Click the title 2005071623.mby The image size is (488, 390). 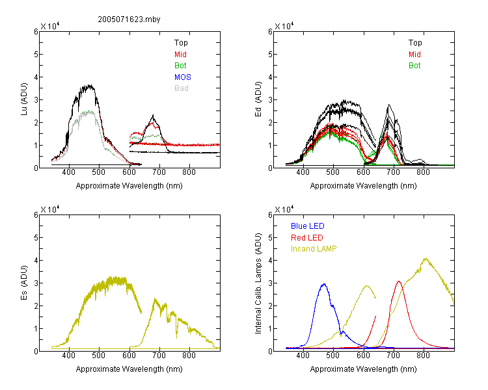tap(129, 19)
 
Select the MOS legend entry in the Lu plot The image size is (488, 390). tap(183, 77)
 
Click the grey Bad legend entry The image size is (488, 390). tap(182, 88)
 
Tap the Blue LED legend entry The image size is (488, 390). tap(308, 226)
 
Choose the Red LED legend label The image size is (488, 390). tap(307, 238)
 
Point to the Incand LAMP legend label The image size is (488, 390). tap(314, 249)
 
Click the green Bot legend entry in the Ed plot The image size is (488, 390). tap(414, 65)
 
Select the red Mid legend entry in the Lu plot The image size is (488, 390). tap(180, 54)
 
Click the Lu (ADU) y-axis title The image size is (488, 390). tap(24, 99)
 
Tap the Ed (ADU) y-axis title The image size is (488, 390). tap(258, 99)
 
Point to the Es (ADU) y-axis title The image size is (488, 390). tap(24, 283)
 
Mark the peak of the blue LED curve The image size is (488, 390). tap(324, 283)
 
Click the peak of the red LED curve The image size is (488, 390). tap(399, 281)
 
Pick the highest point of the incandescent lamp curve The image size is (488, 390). tap(426, 258)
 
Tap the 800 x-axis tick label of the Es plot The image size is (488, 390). tap(189, 355)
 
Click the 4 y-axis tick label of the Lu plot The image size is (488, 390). tap(36, 77)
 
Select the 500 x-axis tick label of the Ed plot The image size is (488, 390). tap(332, 172)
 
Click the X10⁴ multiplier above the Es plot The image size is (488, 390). tap(50, 209)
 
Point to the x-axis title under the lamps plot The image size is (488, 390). tap(363, 369)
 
